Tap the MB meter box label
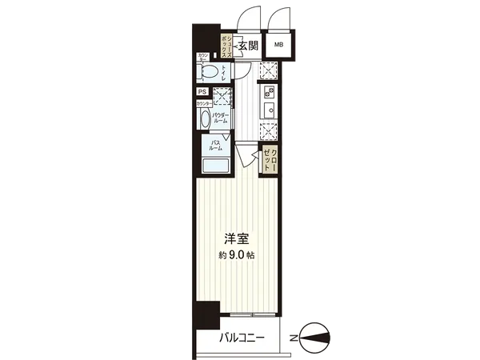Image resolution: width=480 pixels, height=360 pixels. [279, 46]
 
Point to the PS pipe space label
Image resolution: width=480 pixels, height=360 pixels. [202, 91]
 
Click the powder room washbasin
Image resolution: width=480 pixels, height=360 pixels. [205, 120]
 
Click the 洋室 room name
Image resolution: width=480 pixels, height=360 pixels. [237, 239]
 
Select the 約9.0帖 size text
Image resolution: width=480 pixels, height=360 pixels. [237, 255]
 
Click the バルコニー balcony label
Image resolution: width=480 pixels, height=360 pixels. [242, 338]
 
